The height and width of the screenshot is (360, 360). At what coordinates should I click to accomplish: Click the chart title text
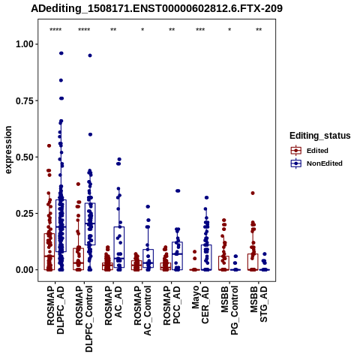pos(157,8)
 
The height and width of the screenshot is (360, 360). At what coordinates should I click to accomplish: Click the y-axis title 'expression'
pos(8,150)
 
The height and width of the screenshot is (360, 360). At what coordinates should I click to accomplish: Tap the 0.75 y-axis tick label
pos(25,100)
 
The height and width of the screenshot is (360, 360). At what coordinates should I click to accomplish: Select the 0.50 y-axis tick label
pos(25,157)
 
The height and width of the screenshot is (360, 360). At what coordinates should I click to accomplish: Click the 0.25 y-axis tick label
pos(25,214)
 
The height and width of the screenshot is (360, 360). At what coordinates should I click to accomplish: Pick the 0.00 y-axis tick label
pos(25,270)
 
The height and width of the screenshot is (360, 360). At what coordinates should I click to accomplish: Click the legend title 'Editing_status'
pos(320,136)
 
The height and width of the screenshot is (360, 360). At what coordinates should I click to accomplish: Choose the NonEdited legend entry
pos(316,163)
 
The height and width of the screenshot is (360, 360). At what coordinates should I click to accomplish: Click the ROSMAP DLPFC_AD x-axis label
pos(55,310)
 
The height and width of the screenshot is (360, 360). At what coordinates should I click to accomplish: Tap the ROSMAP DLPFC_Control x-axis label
pos(84,319)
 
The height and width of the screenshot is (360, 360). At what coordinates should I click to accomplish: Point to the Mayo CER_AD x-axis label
pos(200,304)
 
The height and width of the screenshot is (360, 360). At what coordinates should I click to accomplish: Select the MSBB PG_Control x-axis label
pos(229,310)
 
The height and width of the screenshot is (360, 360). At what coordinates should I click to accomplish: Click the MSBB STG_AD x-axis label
pos(259,304)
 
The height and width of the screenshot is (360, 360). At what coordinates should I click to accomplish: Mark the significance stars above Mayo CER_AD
pos(200,30)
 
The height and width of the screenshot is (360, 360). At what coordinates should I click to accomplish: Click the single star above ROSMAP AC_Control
pos(142,30)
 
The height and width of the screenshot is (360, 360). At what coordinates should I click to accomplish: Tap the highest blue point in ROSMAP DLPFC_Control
pos(90,55)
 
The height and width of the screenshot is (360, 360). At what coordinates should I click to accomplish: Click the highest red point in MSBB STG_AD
pos(253,193)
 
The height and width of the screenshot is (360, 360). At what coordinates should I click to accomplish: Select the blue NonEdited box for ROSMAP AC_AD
pos(119,247)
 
